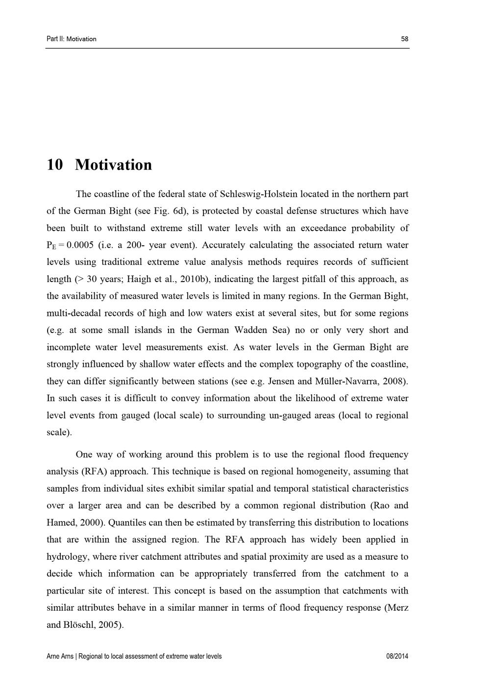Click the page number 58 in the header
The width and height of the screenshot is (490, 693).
point(404,39)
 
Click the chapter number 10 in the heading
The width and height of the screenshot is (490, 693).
point(55,165)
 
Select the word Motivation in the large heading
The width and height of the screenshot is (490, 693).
point(114,165)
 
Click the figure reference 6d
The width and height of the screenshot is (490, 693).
point(177,211)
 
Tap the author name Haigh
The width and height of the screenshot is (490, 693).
point(139,279)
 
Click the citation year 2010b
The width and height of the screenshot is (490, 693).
point(195,279)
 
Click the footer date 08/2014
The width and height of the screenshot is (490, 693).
point(397,656)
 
